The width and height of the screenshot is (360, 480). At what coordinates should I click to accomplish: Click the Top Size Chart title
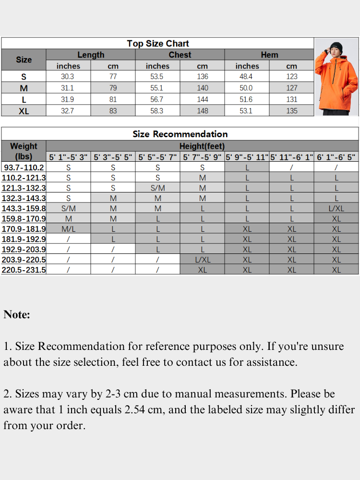point(157,44)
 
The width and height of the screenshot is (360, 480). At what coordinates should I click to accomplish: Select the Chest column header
point(180,55)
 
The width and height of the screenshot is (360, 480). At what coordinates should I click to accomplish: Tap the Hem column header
point(269,55)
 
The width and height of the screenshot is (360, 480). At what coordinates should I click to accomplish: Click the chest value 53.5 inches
point(157,77)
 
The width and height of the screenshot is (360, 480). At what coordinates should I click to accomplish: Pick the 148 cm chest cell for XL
point(203,111)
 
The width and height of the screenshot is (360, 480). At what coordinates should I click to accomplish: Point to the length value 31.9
point(68,99)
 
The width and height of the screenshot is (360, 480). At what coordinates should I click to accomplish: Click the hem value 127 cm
point(292,88)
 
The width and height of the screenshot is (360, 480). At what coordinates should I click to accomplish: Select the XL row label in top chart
point(24,111)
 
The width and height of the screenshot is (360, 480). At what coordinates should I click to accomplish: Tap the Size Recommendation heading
point(180,134)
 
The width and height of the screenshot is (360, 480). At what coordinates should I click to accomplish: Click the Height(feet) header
point(202,146)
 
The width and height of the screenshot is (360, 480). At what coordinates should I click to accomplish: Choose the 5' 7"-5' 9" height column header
point(202,157)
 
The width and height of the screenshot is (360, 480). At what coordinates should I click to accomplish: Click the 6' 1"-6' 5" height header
point(336,157)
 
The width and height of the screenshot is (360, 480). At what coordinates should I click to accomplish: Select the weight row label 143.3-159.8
point(24,208)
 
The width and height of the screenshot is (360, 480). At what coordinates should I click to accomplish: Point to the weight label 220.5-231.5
point(24,270)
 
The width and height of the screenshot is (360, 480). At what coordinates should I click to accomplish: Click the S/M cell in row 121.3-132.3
point(157,188)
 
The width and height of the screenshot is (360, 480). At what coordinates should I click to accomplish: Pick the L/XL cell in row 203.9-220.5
point(202,260)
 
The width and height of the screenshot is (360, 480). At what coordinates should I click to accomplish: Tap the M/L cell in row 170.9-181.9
point(68,229)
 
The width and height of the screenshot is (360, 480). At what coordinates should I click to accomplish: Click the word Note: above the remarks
point(17,315)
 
